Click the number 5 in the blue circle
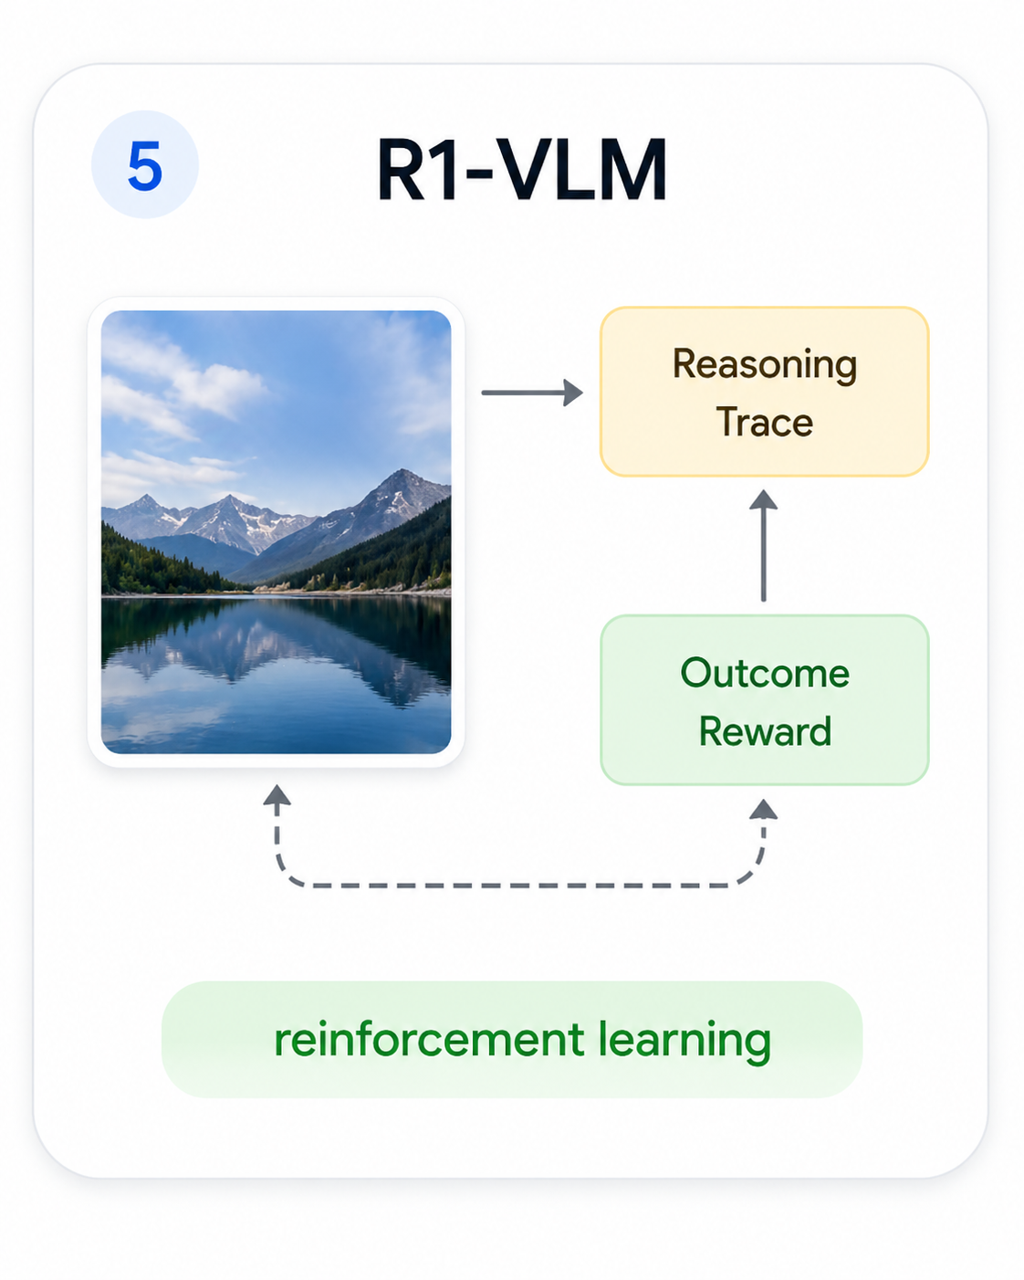point(145,166)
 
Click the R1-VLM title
point(521,171)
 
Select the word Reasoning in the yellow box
point(765,365)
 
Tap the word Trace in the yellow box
point(765,423)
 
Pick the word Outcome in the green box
point(765,674)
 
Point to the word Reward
point(765,731)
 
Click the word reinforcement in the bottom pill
point(429,1040)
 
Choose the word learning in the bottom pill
point(684,1040)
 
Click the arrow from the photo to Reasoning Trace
point(532,393)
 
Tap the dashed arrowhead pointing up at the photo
point(277,796)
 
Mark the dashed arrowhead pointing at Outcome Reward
point(764,809)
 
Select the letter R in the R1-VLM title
point(402,171)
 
